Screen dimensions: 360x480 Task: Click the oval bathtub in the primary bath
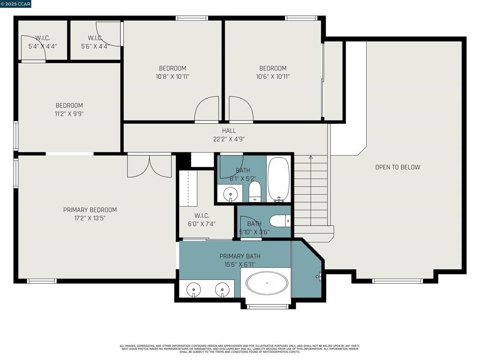(267, 283)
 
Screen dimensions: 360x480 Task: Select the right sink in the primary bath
(222, 290)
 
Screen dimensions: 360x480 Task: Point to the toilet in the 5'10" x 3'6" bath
(280, 220)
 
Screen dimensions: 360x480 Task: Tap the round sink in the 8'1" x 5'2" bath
(230, 193)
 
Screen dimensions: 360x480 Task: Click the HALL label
(229, 131)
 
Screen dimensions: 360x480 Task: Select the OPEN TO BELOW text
(397, 167)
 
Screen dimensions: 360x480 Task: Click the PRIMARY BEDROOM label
(90, 210)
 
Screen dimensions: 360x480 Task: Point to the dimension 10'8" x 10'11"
(172, 76)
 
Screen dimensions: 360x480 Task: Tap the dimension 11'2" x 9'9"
(69, 113)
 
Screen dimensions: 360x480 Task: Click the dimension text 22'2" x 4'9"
(229, 139)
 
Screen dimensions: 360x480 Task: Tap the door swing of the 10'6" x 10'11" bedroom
(241, 109)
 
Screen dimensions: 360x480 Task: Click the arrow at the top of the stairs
(311, 157)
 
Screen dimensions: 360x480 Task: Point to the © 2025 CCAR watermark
(15, 4)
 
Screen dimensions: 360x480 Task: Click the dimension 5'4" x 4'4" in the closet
(43, 46)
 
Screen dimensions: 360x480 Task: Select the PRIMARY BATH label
(240, 256)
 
